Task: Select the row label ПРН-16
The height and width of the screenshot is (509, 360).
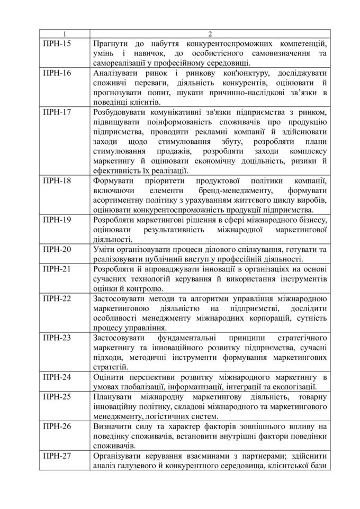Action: coord(56,73)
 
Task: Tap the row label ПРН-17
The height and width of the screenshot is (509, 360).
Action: coord(56,112)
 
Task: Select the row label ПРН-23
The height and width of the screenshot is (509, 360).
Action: coord(56,338)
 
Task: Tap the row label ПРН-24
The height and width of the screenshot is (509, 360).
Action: coord(56,377)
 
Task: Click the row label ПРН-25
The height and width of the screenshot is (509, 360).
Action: coord(56,397)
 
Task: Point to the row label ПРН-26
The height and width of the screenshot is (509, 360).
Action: coord(56,426)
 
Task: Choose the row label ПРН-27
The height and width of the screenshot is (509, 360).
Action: coord(56,456)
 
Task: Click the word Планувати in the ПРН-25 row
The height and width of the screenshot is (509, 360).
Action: coord(111,397)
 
